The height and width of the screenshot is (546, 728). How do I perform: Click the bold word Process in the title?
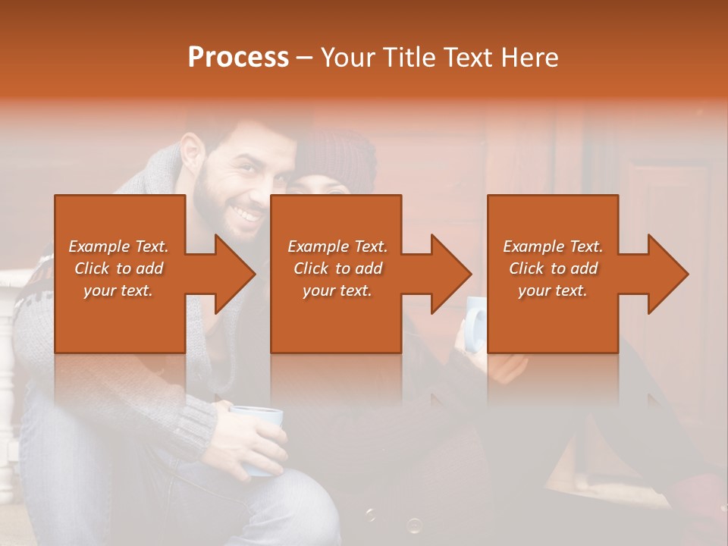(238, 58)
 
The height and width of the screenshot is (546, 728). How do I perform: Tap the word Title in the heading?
(401, 58)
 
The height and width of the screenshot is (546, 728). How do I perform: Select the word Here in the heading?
(530, 58)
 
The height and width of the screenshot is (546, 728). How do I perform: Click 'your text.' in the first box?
(118, 290)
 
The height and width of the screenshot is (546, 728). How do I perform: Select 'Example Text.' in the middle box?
(337, 246)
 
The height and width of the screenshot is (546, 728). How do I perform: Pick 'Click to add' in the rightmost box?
(554, 268)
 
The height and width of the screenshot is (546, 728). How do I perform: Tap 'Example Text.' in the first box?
(118, 246)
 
